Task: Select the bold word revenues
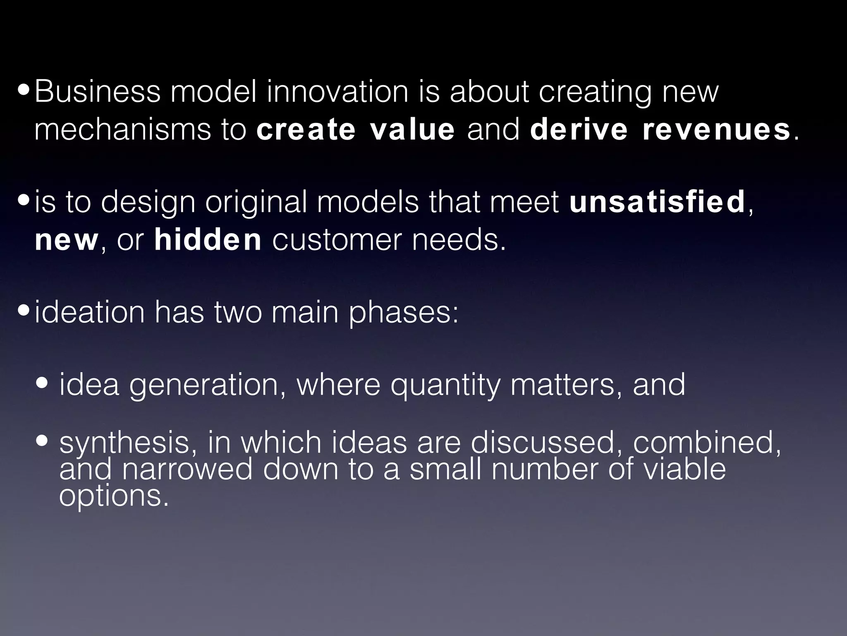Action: coord(716,129)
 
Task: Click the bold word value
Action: coord(412,129)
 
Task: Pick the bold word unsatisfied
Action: coord(657,202)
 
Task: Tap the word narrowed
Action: coord(187,469)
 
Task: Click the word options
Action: coord(114,496)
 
